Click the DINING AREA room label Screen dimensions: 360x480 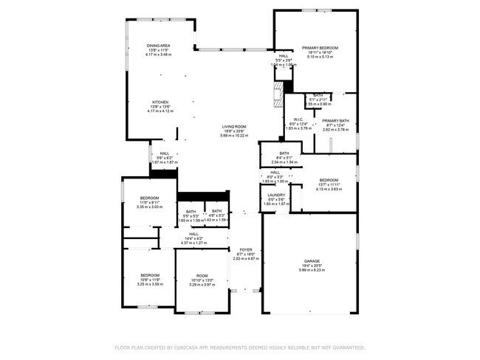coord(160,46)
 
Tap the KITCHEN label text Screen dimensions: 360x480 coord(161,102)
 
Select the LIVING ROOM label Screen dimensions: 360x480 coord(234,126)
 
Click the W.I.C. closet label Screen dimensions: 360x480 coord(298,119)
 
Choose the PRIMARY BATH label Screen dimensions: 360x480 coord(335,120)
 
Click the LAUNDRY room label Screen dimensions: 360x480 coord(276,195)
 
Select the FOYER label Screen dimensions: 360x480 coord(244,249)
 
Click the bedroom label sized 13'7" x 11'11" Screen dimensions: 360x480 coord(328,180)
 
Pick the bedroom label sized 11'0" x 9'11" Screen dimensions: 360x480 coord(149,198)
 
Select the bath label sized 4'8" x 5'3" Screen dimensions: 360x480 coord(216,211)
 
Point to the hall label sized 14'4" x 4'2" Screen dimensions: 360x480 coord(193,234)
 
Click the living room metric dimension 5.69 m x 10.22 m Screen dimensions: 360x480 coord(234,136)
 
